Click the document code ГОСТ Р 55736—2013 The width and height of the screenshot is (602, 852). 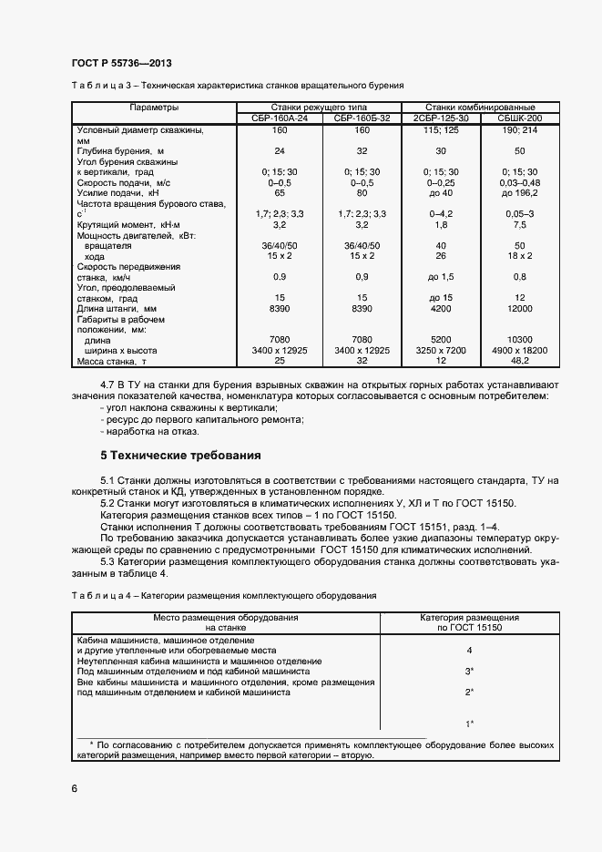[122, 63]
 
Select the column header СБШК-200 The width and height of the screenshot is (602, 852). [520, 118]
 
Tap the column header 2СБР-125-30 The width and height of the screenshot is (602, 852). [442, 118]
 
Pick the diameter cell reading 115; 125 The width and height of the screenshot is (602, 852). [442, 130]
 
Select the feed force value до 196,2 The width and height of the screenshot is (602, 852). [520, 194]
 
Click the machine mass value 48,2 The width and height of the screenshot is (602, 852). [520, 362]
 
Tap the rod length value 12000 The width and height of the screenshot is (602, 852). [520, 309]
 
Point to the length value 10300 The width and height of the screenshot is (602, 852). [520, 339]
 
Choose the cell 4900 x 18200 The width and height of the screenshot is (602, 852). [520, 351]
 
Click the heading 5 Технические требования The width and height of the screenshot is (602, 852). [180, 455]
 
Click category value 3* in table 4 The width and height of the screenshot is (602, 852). [469, 671]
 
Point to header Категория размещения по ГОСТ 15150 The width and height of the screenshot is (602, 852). [469, 623]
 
